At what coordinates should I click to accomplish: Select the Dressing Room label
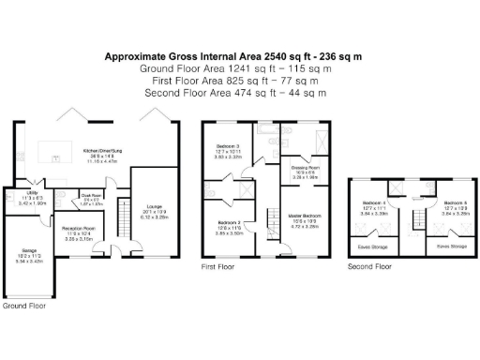click(307, 169)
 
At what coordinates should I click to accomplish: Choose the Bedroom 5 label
click(454, 202)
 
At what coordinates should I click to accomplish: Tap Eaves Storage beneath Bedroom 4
click(374, 247)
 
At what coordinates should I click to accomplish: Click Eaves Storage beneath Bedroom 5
click(451, 247)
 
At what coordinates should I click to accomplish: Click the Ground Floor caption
click(24, 306)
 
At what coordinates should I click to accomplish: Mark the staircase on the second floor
click(413, 225)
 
